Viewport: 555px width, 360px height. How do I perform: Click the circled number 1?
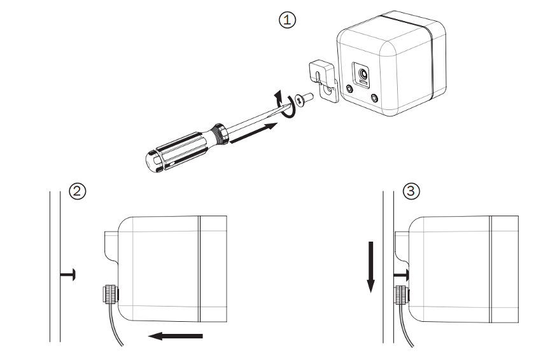tap(288, 20)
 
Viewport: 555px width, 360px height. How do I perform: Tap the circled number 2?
tap(78, 191)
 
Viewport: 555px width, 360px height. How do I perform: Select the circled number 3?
tap(412, 191)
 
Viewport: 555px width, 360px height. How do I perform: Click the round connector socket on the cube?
tap(363, 76)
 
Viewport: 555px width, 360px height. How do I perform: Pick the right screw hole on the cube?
tap(373, 99)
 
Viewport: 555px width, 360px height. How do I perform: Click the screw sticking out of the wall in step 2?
tap(68, 274)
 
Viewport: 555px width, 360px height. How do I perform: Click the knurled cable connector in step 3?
tap(402, 294)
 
